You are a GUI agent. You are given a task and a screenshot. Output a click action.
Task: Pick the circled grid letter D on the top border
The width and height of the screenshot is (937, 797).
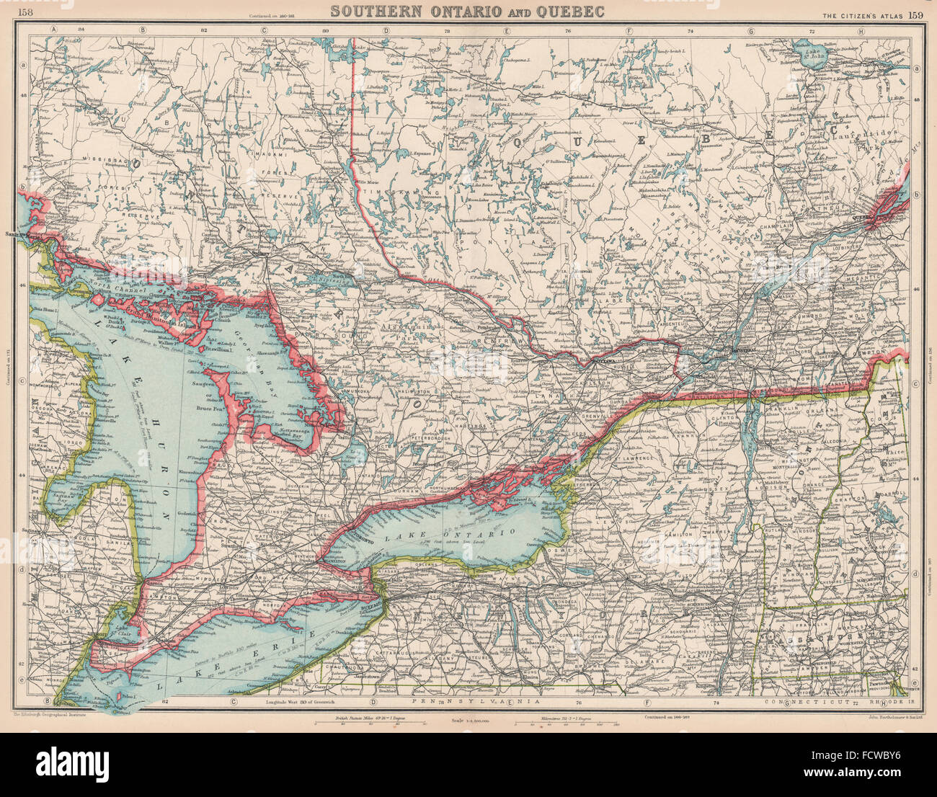pyautogui.click(x=386, y=30)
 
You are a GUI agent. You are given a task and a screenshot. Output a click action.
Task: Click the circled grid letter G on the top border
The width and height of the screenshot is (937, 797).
pyautogui.click(x=750, y=30)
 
